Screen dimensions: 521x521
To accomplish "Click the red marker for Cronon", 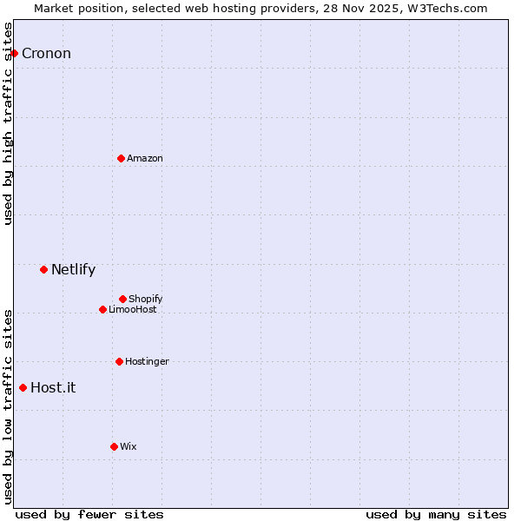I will coord(14,53).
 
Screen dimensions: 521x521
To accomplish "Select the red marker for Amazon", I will coord(121,158).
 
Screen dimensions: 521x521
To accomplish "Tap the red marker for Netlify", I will coord(43,269).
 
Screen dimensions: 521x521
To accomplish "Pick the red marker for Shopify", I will coord(122,299).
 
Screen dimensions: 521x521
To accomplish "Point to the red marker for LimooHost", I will coord(102,309).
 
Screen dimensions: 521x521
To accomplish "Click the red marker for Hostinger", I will coord(119,361).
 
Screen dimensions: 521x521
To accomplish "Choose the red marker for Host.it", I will coord(23,387).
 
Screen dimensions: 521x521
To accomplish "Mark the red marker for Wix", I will coord(114,446).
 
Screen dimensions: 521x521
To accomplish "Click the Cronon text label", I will coord(46,54).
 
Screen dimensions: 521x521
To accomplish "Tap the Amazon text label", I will coord(145,158).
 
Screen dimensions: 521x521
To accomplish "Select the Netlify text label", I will coord(73,269).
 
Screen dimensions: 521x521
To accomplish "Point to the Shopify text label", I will coord(146,299).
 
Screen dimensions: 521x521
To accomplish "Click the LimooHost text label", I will coord(133,309).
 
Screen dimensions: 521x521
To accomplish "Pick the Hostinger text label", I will coord(147,361).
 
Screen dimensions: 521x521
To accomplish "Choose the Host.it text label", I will coord(53,387).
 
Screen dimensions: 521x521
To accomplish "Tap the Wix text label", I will coord(129,446).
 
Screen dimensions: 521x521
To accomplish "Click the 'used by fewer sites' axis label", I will coord(89,514).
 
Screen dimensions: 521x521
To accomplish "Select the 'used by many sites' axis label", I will coord(436,514).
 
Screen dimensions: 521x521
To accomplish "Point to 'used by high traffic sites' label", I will coord(8,123).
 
